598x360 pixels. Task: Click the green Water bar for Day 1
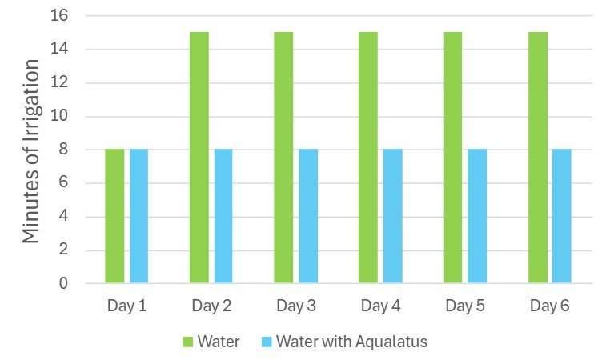click(x=114, y=216)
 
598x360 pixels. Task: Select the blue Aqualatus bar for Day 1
click(x=139, y=216)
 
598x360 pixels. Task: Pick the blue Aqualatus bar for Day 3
click(x=308, y=216)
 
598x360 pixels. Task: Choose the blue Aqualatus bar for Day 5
click(x=477, y=216)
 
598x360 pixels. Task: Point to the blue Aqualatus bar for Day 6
click(x=562, y=216)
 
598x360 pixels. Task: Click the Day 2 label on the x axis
click(x=211, y=306)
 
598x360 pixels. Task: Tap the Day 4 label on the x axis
click(x=380, y=306)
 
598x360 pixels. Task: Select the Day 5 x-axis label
click(x=465, y=306)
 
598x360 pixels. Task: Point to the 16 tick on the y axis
click(x=59, y=16)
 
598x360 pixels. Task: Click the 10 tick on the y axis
click(x=59, y=116)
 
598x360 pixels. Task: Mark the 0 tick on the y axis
click(x=63, y=283)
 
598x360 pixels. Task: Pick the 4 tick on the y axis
click(x=63, y=216)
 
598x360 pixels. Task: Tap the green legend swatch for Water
click(x=189, y=342)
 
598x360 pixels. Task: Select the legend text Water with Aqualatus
click(x=352, y=342)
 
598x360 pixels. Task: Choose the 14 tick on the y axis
click(x=59, y=50)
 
